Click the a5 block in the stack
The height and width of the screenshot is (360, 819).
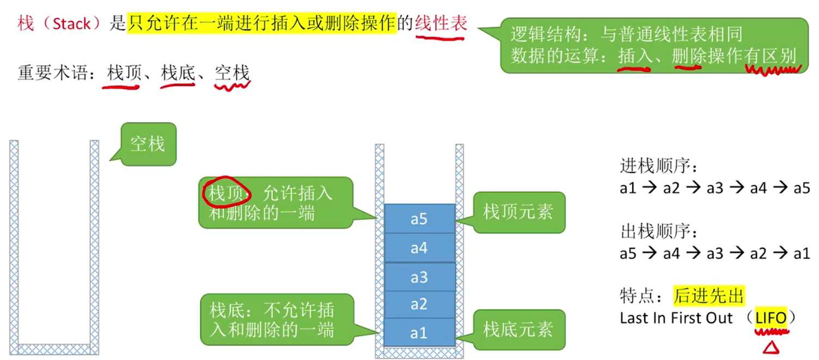tap(419, 218)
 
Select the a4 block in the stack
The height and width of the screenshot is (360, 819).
tap(419, 248)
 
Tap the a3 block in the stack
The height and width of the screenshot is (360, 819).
tap(419, 277)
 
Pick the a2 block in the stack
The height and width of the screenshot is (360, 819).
tap(419, 304)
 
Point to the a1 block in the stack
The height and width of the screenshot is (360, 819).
tap(419, 332)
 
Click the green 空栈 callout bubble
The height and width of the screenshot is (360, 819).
tap(148, 144)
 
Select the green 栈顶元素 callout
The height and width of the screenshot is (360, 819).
tap(518, 212)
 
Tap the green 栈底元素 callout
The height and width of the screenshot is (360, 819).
tap(518, 329)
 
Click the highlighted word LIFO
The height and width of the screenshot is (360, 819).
tap(771, 318)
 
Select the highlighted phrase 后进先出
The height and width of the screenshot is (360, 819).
tap(708, 296)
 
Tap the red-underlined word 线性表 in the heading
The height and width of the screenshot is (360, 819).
tap(441, 24)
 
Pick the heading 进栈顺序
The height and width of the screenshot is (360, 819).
tap(658, 165)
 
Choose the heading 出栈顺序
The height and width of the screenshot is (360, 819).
tap(658, 231)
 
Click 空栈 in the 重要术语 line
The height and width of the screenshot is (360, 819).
tap(232, 73)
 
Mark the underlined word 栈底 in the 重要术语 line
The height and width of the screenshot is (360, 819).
tap(178, 73)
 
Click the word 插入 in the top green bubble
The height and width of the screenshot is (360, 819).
tap(634, 56)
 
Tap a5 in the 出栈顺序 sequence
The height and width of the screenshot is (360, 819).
tap(628, 253)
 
